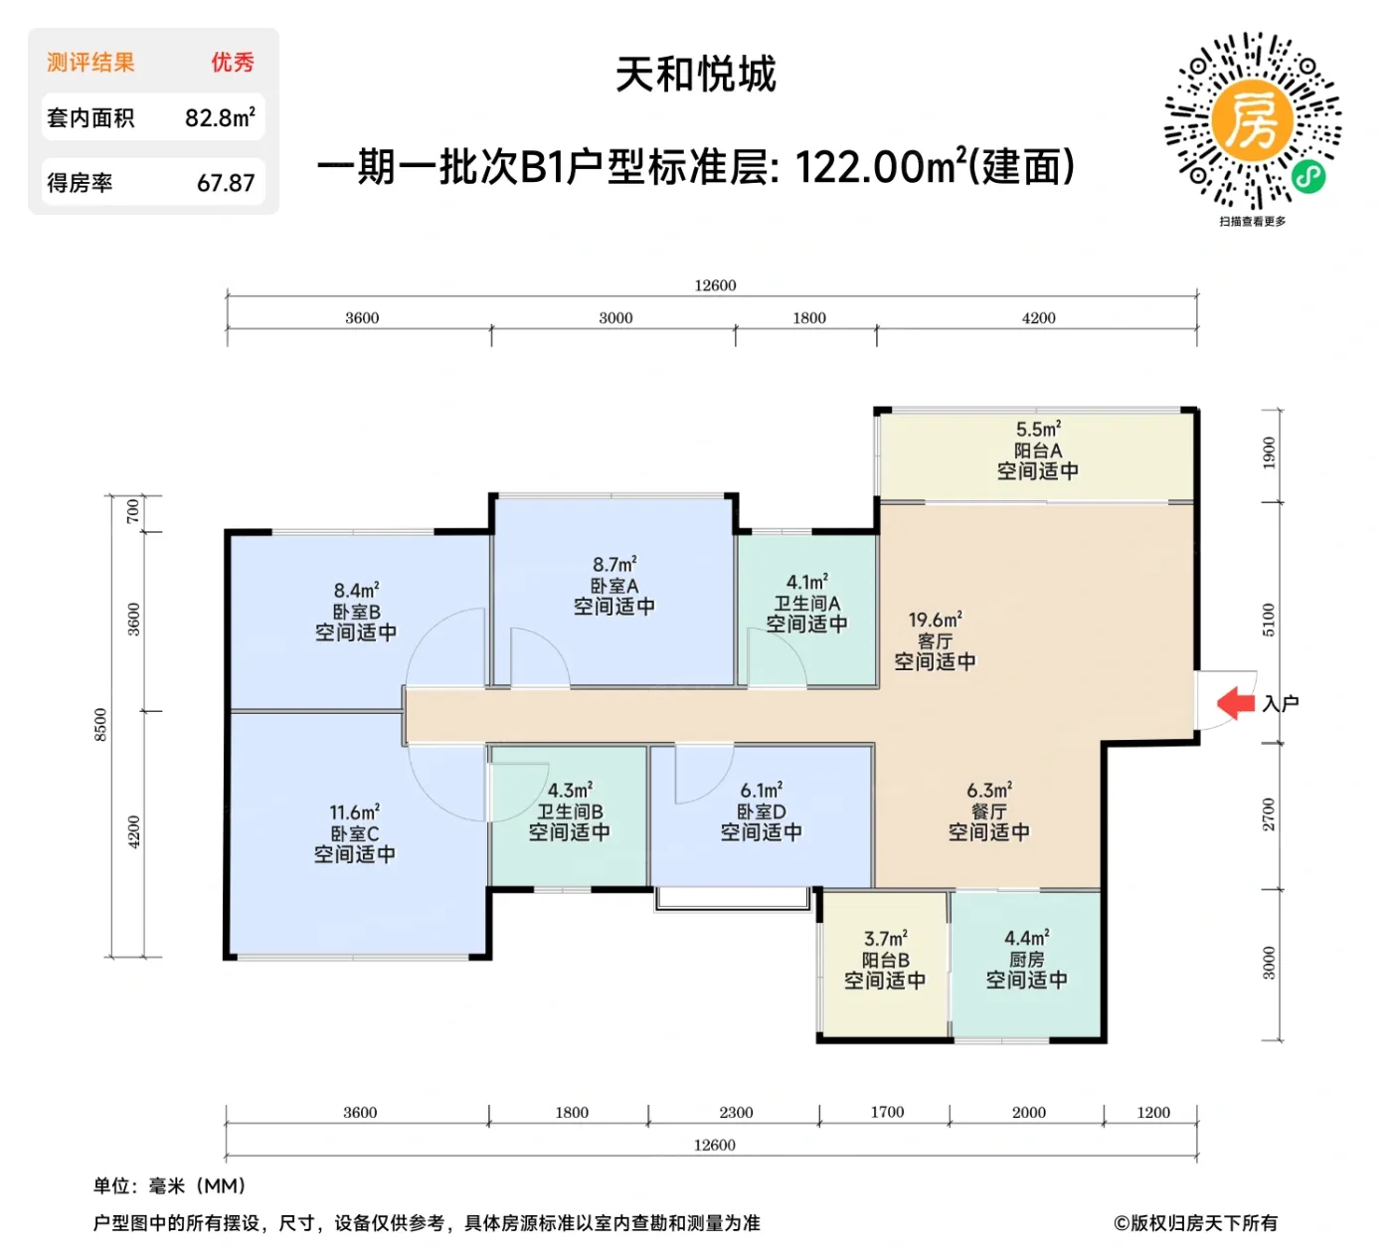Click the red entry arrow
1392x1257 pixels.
pos(1236,703)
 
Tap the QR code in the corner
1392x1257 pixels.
pos(1253,120)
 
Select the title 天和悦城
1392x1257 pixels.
pos(695,75)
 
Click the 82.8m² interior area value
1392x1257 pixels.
pos(220,117)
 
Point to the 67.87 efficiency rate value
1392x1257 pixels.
pos(226,183)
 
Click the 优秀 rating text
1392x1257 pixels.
pos(232,63)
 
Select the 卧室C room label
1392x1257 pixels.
pos(355,833)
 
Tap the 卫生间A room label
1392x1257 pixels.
pos(806,603)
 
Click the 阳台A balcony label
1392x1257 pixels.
pos(1037,450)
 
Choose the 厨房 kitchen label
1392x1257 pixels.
pos(1026,960)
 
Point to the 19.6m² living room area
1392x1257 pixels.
pos(935,620)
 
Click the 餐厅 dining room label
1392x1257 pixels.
pos(988,811)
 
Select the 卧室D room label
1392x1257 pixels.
pos(761,811)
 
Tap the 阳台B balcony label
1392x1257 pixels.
pos(885,960)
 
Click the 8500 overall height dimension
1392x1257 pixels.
pos(100,724)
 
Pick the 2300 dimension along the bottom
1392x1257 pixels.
pos(736,1112)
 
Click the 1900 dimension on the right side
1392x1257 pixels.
pos(1269,452)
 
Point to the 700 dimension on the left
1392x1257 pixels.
pos(133,511)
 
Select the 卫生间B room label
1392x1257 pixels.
pos(570,811)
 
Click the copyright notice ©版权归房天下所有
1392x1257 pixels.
pos(1195,1223)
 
